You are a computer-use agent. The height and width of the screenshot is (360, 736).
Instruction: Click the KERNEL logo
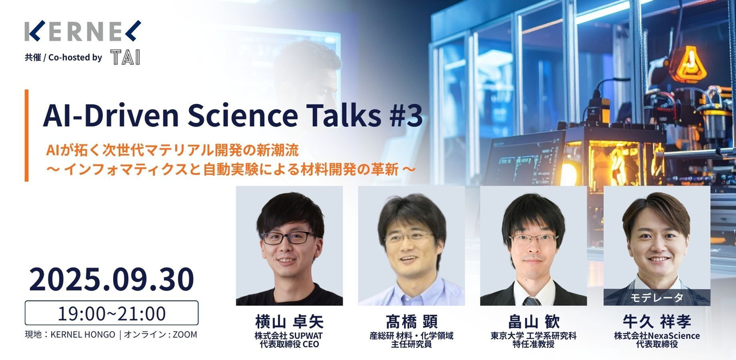click(x=83, y=31)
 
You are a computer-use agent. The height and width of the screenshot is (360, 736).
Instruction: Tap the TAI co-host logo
click(x=125, y=57)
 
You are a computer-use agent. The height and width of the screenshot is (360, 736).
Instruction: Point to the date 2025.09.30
click(x=112, y=279)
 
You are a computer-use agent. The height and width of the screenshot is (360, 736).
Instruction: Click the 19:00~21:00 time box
click(x=112, y=313)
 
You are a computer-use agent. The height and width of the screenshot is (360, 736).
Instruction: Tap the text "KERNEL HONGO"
click(x=83, y=335)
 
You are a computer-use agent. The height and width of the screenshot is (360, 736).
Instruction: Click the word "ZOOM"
click(x=185, y=335)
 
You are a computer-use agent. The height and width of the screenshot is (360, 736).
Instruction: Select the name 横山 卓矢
click(x=289, y=321)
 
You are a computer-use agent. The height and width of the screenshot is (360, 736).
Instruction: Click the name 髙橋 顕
click(x=411, y=321)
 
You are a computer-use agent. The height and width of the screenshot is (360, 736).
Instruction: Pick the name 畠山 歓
click(x=534, y=321)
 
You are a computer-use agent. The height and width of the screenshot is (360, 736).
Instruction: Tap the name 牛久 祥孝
click(x=657, y=321)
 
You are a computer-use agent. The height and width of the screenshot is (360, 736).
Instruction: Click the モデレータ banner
click(x=657, y=297)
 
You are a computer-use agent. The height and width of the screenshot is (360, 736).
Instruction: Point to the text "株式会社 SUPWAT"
click(x=289, y=336)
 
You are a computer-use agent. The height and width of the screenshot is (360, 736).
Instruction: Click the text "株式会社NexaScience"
click(x=657, y=336)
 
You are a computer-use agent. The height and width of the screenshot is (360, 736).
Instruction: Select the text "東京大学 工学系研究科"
click(x=534, y=336)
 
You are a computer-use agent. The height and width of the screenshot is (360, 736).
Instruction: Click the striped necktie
click(x=531, y=301)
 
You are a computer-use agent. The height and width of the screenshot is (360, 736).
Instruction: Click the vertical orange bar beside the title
click(x=26, y=135)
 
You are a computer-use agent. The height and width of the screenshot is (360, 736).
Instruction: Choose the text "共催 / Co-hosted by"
click(x=63, y=58)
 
